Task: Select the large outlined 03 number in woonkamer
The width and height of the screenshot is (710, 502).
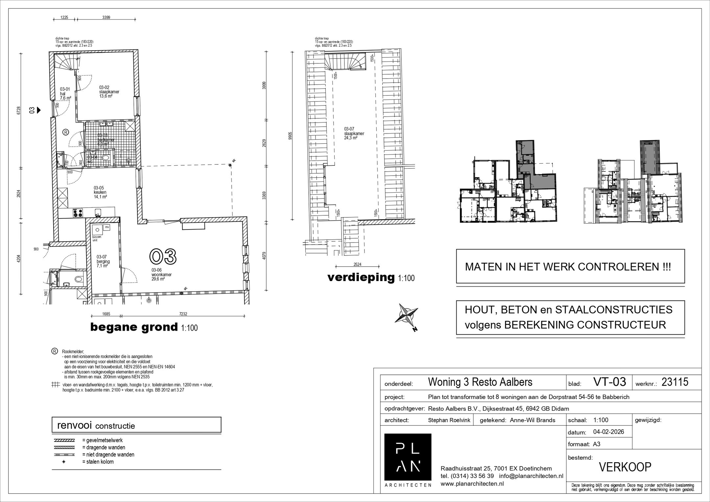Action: [163, 256]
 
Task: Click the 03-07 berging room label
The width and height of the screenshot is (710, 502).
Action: [103, 261]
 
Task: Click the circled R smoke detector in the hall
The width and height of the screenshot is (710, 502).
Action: [65, 132]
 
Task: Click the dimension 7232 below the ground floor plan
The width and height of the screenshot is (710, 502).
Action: [183, 314]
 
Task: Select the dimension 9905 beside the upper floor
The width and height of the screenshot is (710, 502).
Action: [289, 136]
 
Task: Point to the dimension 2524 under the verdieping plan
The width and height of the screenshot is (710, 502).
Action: [357, 264]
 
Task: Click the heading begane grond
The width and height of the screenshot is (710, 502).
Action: [133, 327]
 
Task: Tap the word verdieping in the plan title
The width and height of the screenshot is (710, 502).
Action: [361, 277]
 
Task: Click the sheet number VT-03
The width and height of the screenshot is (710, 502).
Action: [609, 382]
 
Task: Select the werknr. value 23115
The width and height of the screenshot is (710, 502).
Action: [674, 382]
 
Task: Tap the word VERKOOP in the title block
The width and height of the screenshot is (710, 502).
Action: [625, 467]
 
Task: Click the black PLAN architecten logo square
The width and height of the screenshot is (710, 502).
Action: [408, 457]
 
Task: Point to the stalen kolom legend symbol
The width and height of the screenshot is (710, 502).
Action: [64, 462]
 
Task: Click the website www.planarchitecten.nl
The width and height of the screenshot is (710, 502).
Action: [472, 483]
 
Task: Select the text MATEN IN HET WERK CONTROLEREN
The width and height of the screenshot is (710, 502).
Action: [568, 267]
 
